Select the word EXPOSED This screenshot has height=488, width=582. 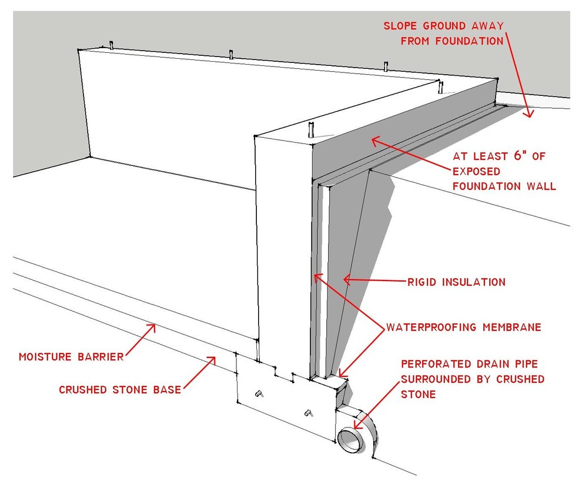coord(477,172)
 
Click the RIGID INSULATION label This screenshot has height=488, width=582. coord(456,282)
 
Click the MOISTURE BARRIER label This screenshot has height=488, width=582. coord(71,357)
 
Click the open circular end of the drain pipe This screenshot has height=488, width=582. coord(351,440)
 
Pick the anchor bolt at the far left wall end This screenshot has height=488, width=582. coord(111,45)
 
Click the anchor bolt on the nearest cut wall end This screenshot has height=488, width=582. coord(312,129)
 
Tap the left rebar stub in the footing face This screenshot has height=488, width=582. coord(259,393)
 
